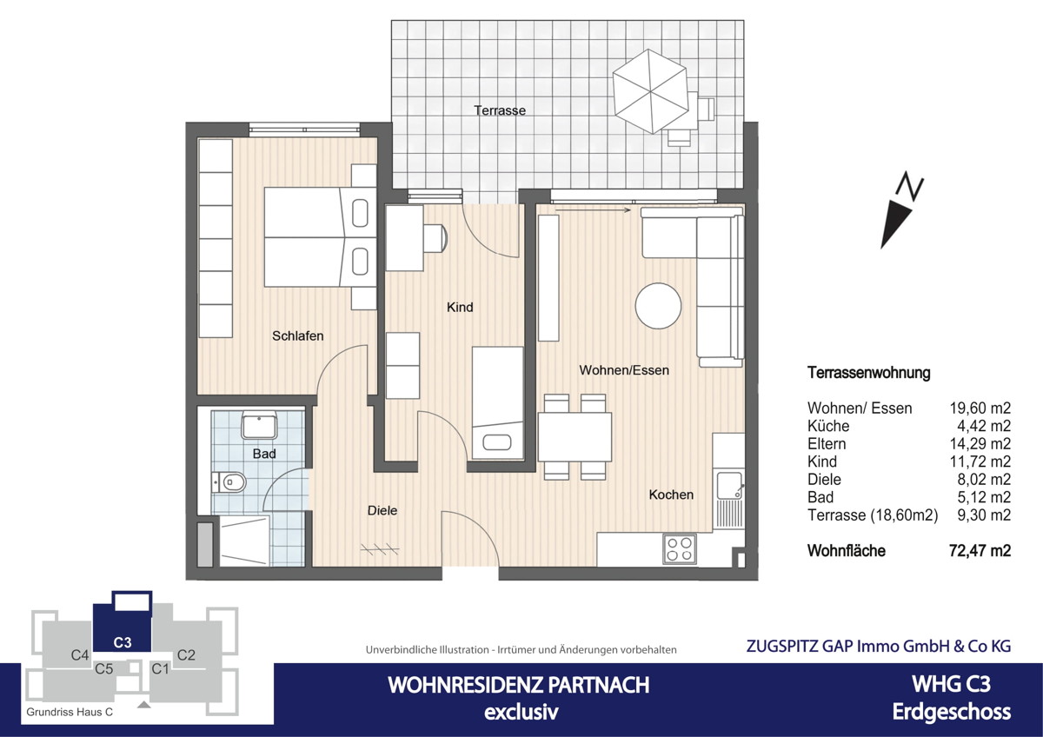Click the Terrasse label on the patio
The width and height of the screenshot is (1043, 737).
point(500,110)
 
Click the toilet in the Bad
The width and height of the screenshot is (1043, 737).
point(229,481)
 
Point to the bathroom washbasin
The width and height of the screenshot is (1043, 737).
point(259,426)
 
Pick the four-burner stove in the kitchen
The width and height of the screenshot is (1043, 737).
point(679,548)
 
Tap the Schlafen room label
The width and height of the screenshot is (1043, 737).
point(297,335)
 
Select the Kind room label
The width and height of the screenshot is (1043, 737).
point(459,307)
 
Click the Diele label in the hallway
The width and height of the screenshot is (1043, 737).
point(382,510)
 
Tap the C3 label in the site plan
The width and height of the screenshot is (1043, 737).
point(123,643)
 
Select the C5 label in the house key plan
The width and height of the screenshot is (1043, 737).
point(104,668)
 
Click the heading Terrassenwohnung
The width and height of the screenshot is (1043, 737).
point(868,373)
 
